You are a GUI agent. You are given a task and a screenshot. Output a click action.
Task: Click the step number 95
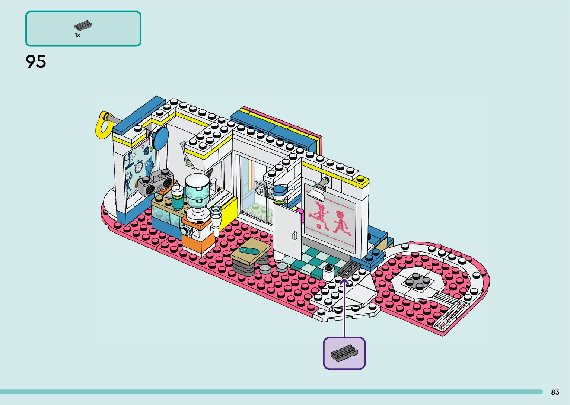pyautogui.click(x=36, y=62)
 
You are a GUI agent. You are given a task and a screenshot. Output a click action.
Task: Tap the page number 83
pyautogui.click(x=555, y=392)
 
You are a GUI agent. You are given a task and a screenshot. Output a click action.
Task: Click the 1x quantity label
pyautogui.click(x=77, y=35)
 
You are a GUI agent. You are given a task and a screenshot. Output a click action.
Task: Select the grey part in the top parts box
pyautogui.click(x=83, y=26)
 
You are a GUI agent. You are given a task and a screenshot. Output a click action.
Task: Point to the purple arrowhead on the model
pyautogui.click(x=344, y=282)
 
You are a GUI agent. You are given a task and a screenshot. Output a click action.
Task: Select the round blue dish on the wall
pyautogui.click(x=159, y=138)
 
